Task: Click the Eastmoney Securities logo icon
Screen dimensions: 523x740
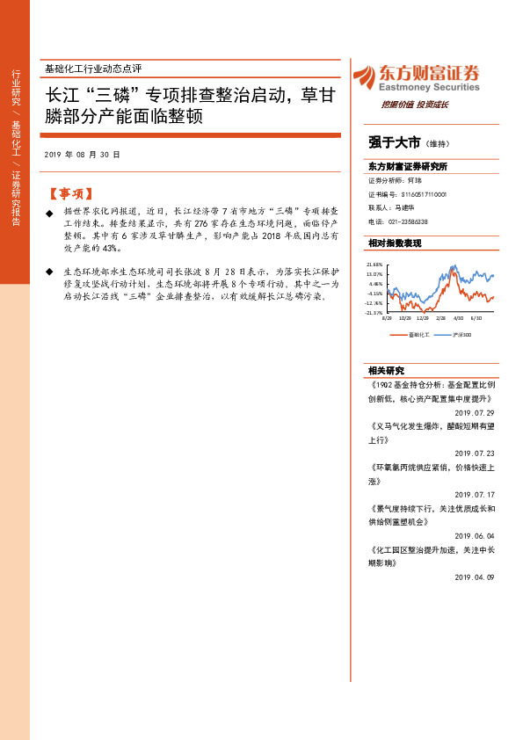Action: point(363,77)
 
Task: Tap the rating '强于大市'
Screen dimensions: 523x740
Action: point(395,142)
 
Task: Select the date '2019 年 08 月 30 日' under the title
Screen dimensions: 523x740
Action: point(82,154)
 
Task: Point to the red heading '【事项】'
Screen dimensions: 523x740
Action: point(70,193)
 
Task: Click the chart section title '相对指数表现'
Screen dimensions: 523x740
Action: point(395,243)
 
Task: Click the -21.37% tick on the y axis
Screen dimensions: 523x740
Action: point(375,312)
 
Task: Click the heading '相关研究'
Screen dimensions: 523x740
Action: point(387,370)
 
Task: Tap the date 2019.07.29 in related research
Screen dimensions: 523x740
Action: point(475,412)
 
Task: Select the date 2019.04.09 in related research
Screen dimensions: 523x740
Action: point(475,577)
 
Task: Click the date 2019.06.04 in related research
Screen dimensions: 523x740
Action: point(475,535)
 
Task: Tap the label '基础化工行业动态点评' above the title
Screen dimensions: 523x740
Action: point(92,68)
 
